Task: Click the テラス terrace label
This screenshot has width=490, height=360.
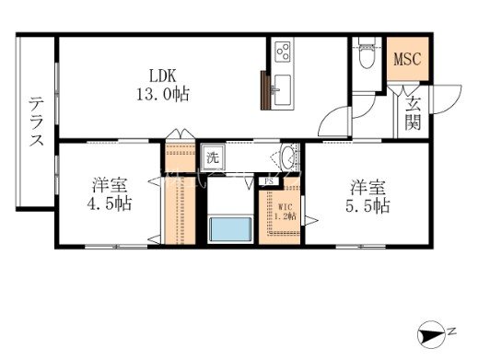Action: point(36,122)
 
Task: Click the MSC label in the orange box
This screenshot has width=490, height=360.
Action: point(406,60)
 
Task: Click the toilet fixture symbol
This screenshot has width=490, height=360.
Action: point(366,55)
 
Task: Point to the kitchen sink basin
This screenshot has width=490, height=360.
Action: point(281,90)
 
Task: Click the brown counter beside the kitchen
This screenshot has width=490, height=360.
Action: point(266,90)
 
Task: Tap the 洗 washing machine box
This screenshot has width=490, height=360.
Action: point(211,157)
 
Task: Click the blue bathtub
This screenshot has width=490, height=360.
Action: point(229,228)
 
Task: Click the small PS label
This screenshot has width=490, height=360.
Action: point(268,181)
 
